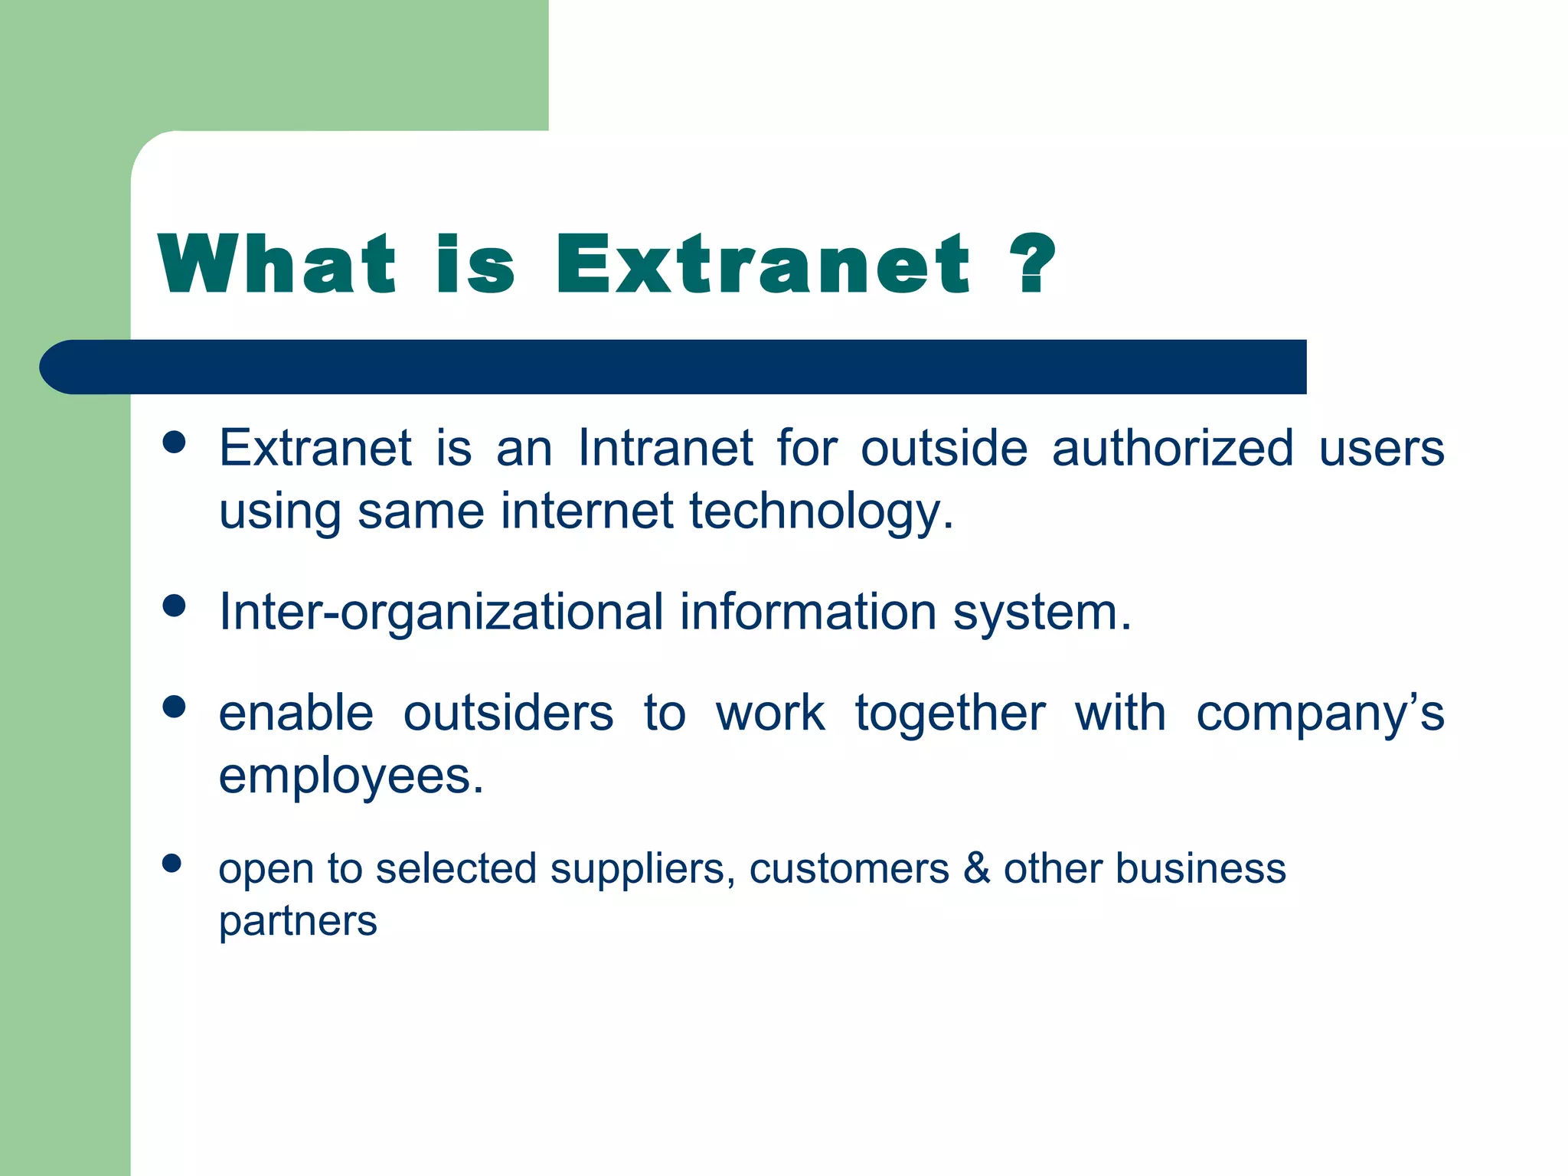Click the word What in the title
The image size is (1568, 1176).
pos(277,264)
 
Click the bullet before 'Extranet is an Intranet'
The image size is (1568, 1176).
pos(175,443)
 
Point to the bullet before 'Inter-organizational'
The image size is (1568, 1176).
pos(175,606)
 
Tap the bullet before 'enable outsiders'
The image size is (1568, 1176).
pos(175,707)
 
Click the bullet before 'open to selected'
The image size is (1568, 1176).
pos(172,864)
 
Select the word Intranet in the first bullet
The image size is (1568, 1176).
pos(665,448)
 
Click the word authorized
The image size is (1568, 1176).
pos(1173,448)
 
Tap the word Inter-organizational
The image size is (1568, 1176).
pos(441,612)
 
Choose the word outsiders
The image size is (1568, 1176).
pos(508,714)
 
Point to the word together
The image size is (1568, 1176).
pos(950,714)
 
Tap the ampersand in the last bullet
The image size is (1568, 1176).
pos(976,869)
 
